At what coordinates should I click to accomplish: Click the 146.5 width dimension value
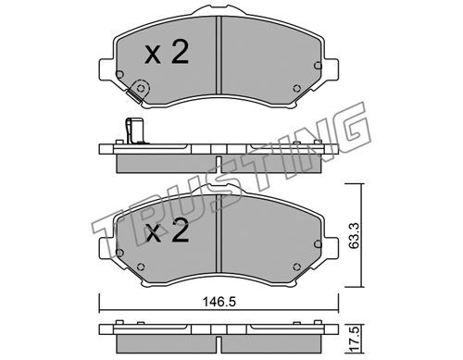[219, 302]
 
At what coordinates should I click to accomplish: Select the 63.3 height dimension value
[354, 236]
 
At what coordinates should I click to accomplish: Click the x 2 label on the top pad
[167, 53]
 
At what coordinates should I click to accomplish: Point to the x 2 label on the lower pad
[168, 230]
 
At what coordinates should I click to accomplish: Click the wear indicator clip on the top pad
[138, 91]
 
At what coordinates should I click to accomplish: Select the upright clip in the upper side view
[134, 131]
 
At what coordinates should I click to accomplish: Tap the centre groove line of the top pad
[219, 55]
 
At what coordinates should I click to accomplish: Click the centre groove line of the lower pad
[219, 233]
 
